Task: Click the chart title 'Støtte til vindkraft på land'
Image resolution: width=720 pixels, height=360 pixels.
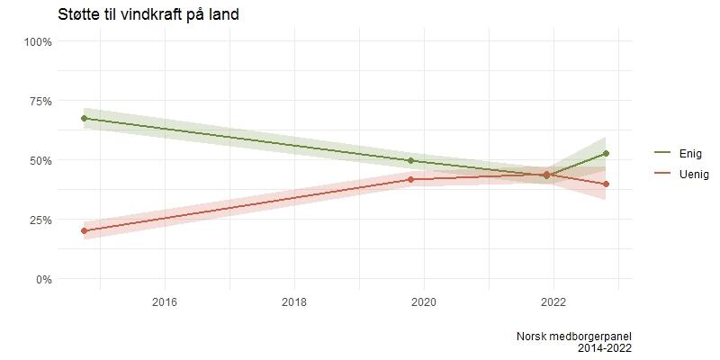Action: [148, 14]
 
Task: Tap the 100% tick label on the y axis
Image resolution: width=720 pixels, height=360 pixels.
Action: [38, 41]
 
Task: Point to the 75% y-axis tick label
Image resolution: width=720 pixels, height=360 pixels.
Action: [40, 101]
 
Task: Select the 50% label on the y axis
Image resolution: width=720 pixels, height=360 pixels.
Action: [40, 160]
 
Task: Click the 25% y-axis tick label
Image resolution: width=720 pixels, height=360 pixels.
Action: [40, 220]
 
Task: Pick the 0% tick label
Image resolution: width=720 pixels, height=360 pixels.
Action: [43, 279]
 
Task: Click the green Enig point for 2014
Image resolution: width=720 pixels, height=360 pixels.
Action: [84, 118]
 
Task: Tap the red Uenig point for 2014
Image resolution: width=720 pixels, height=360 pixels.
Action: [84, 230]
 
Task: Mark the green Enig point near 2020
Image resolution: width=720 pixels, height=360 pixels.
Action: [410, 160]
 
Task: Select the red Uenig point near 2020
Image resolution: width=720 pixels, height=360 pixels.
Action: [410, 179]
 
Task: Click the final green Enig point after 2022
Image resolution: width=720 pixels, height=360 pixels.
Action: [607, 153]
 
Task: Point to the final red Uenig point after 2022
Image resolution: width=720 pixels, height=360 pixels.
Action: [607, 184]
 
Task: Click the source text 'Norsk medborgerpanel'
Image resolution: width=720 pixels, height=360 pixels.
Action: [573, 336]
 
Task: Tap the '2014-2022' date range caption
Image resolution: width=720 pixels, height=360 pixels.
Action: [606, 347]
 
